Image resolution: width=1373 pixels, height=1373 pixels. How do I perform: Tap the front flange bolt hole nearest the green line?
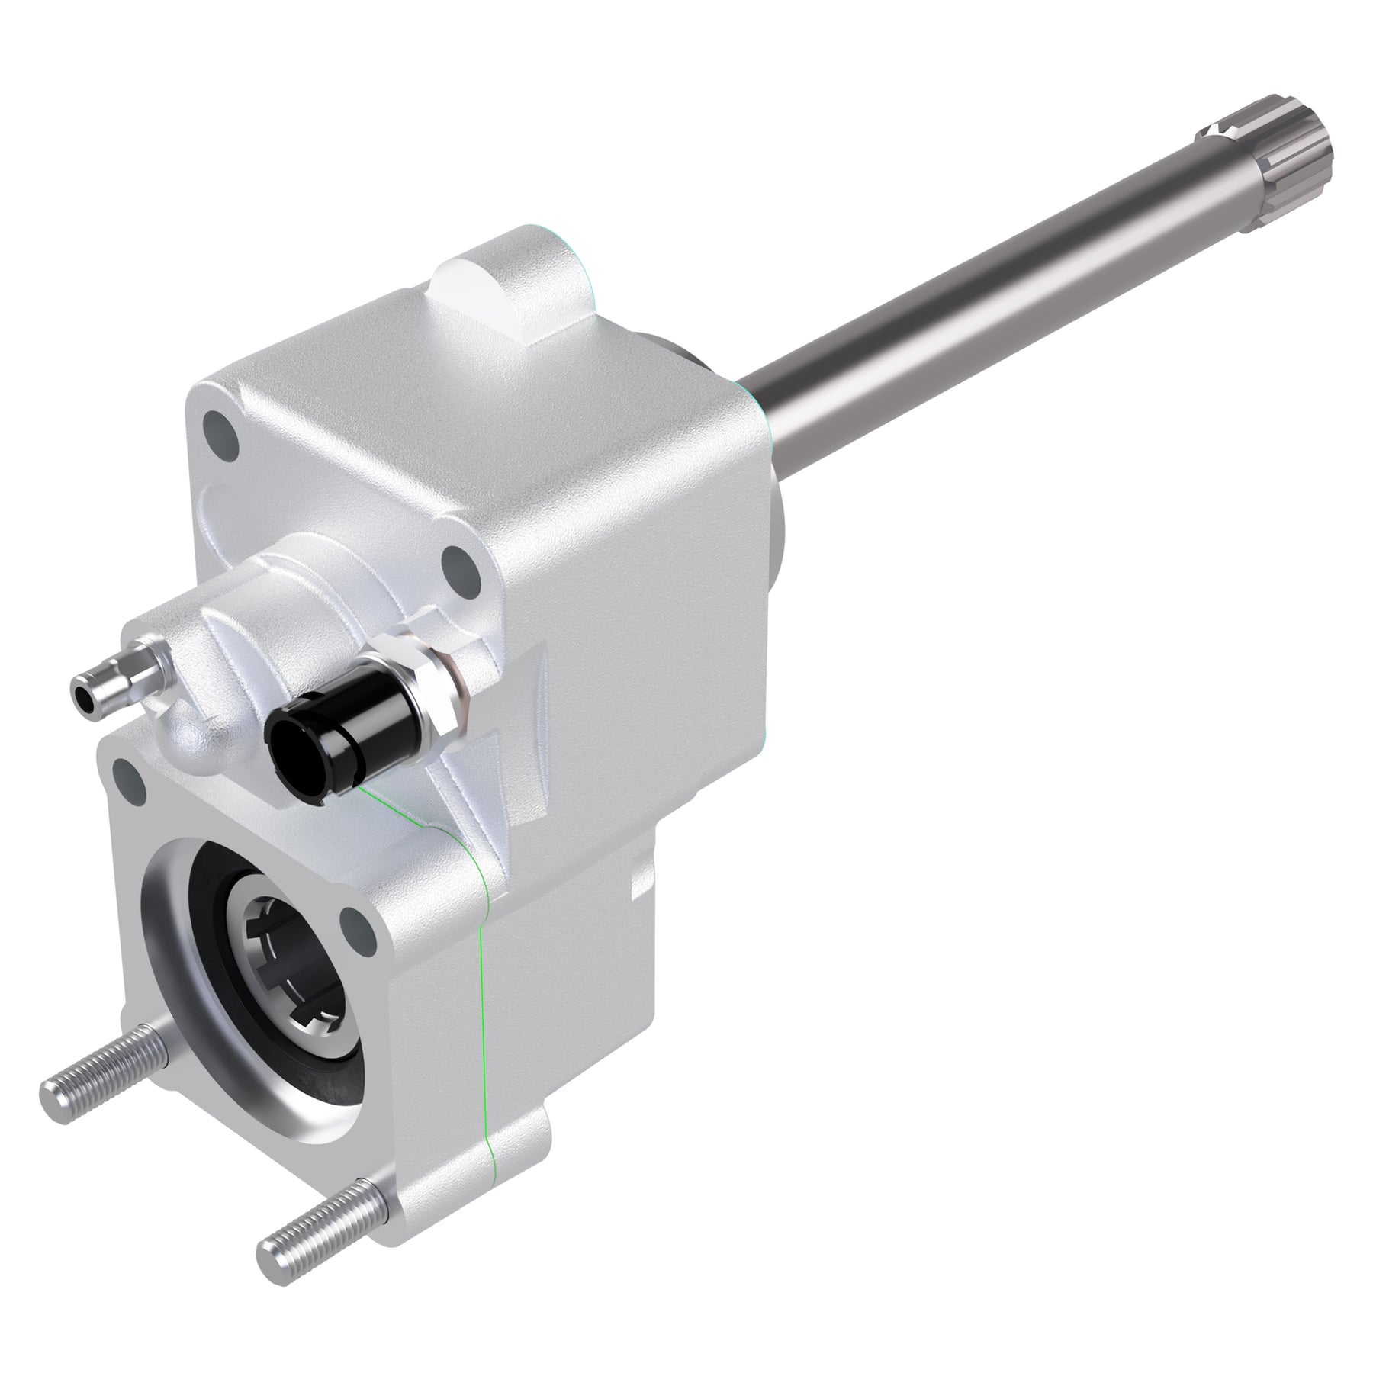click(355, 928)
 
